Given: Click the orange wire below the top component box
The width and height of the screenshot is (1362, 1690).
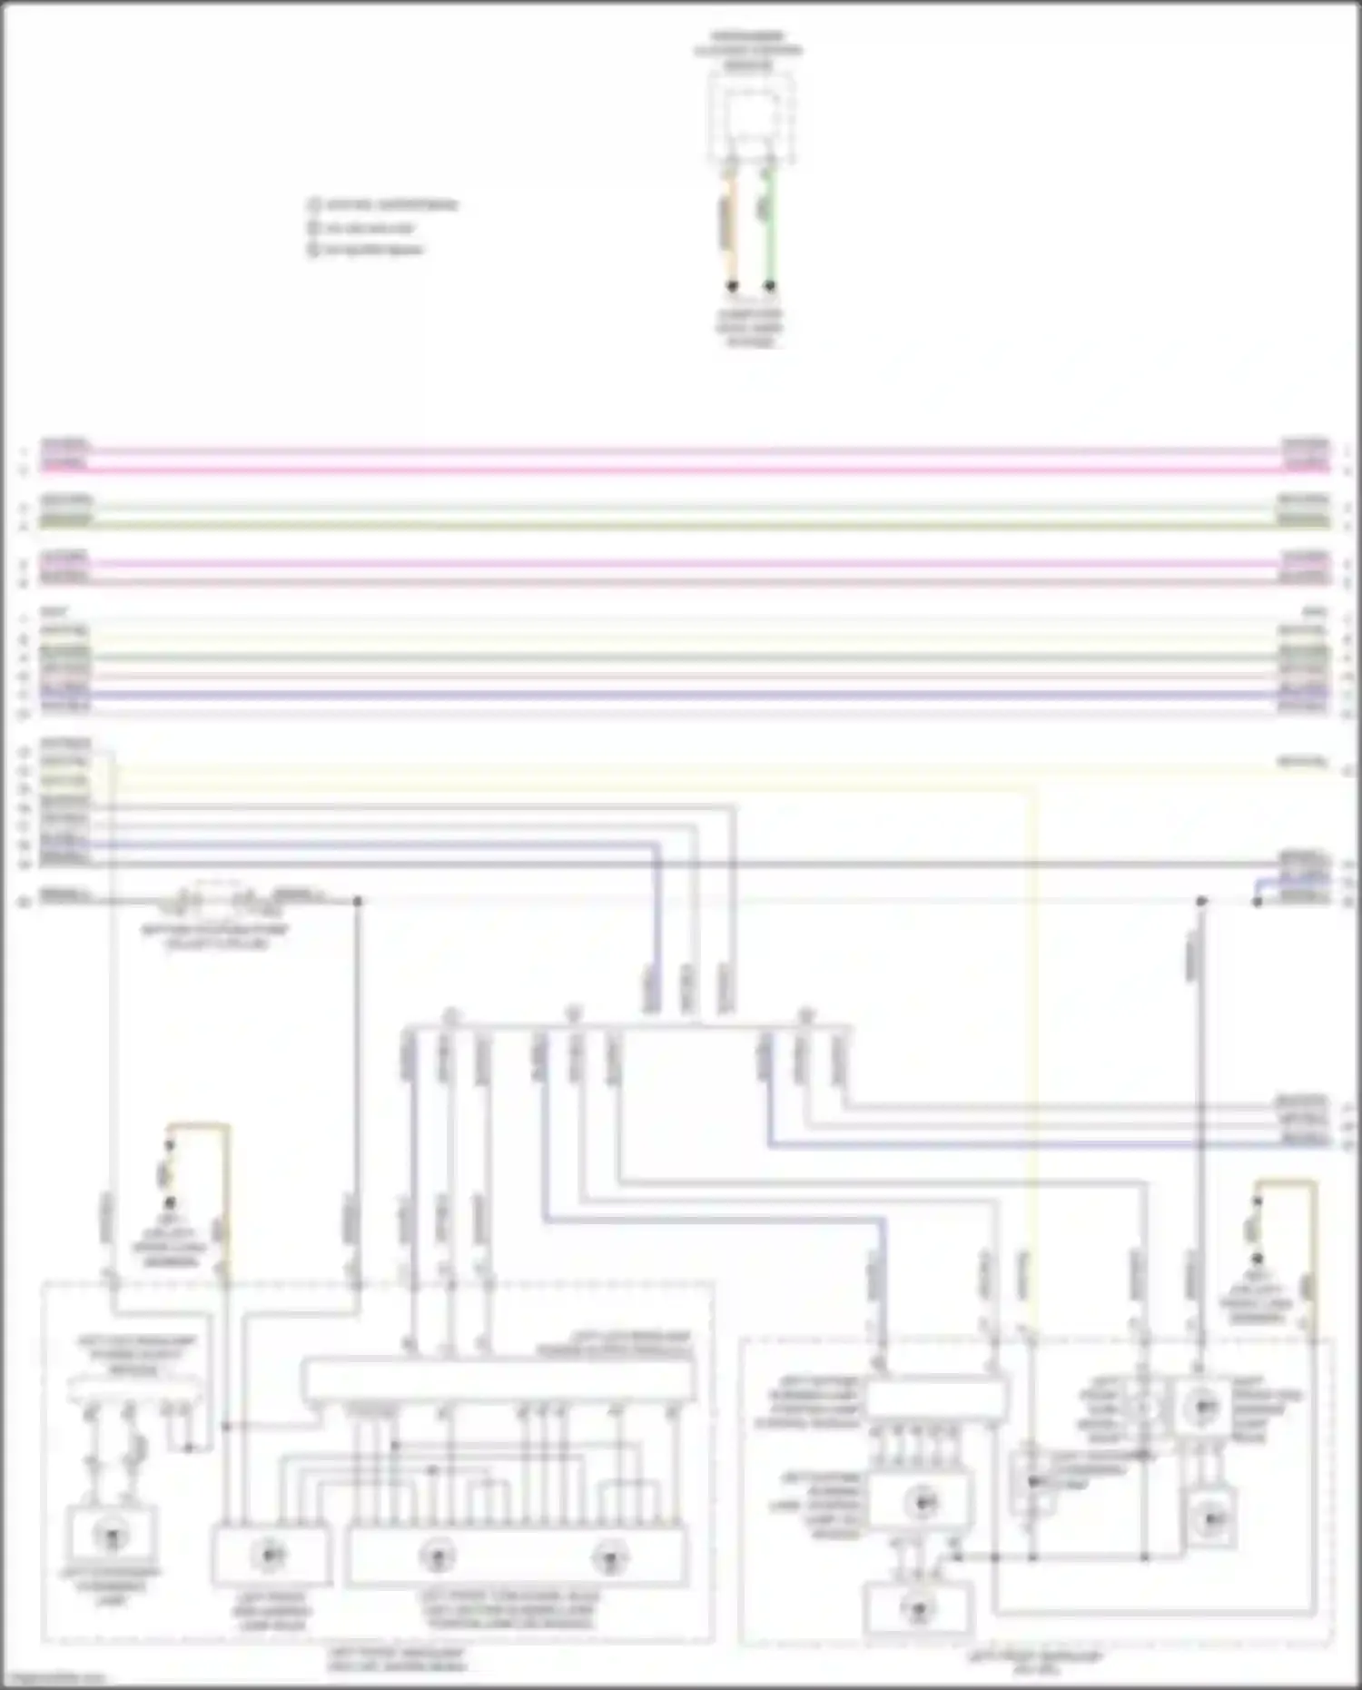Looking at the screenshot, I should pos(735,227).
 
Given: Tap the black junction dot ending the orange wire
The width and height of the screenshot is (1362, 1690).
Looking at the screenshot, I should pos(733,286).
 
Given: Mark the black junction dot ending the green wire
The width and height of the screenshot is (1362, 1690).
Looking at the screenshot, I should pos(771,286).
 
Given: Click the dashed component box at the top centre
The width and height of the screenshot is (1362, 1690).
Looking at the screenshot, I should pos(750,118).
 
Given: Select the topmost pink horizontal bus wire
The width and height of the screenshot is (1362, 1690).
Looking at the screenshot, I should pos(681,450).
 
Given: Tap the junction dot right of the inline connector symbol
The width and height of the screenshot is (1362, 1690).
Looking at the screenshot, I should pos(358,901).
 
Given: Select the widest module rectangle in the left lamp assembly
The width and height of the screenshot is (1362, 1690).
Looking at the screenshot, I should pos(499,1380).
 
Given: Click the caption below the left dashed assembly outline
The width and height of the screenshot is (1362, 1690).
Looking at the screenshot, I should pos(396,1660).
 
